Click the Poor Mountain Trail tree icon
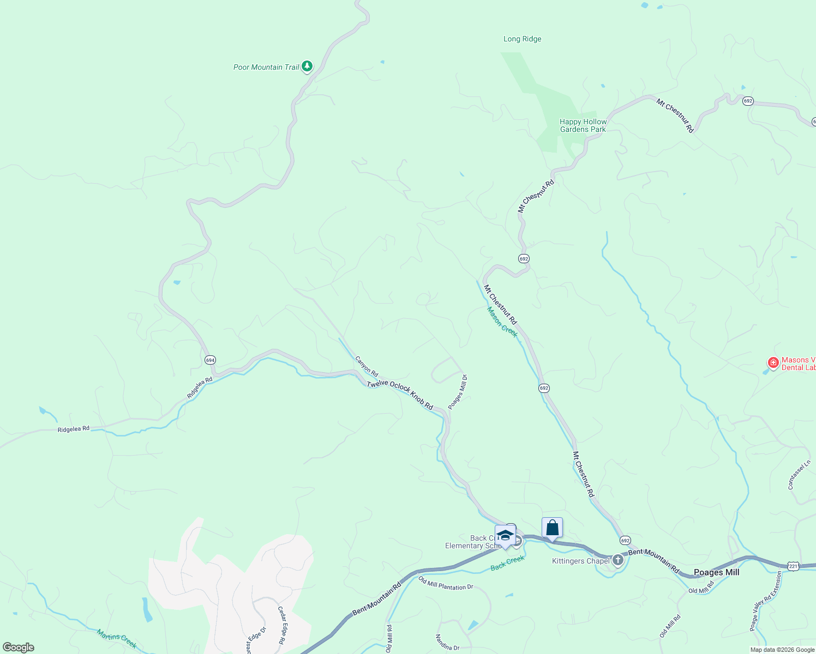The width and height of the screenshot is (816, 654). click(x=307, y=66)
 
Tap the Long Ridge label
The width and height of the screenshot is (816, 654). click(x=522, y=39)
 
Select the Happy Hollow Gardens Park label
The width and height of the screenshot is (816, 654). click(x=583, y=126)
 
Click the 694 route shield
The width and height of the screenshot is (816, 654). click(x=210, y=360)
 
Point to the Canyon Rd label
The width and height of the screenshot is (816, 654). click(x=367, y=366)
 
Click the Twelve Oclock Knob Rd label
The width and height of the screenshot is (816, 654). click(x=400, y=395)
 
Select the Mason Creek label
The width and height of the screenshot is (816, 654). click(x=502, y=322)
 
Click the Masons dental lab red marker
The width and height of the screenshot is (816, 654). click(x=773, y=362)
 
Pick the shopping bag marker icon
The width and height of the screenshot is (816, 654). click(x=552, y=528)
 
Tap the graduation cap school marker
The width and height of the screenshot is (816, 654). click(x=505, y=535)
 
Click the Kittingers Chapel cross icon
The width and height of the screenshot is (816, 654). click(x=617, y=560)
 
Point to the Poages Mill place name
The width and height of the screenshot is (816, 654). click(x=716, y=572)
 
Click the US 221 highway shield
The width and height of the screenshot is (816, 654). click(x=793, y=566)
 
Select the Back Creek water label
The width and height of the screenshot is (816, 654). click(x=507, y=563)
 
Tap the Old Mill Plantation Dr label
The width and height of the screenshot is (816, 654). click(x=446, y=584)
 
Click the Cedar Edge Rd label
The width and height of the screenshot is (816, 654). click(x=281, y=625)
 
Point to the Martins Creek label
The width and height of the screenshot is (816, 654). click(x=117, y=639)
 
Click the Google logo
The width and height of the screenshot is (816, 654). click(x=19, y=647)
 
